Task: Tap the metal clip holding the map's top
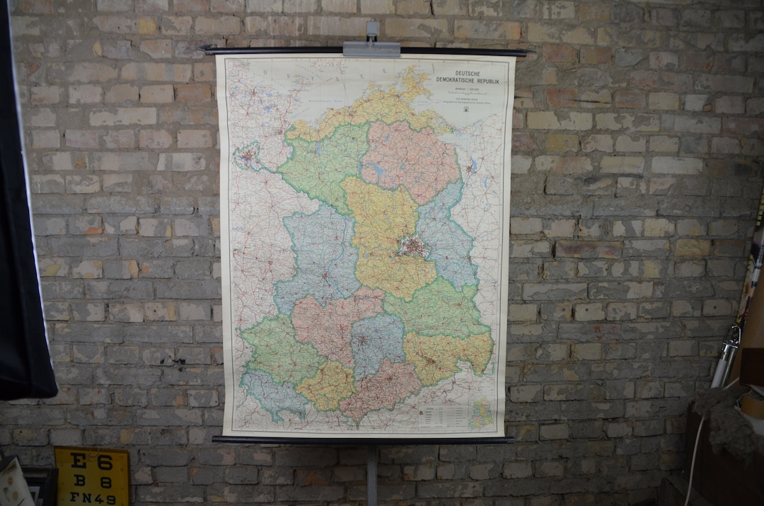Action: coord(371,47)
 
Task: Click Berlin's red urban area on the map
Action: coord(412,246)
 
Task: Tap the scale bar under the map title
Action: coord(467,93)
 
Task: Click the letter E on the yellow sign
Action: coord(77,462)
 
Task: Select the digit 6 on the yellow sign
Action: coord(105,463)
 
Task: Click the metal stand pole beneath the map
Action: coord(372,474)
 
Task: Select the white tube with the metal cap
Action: coord(725,357)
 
